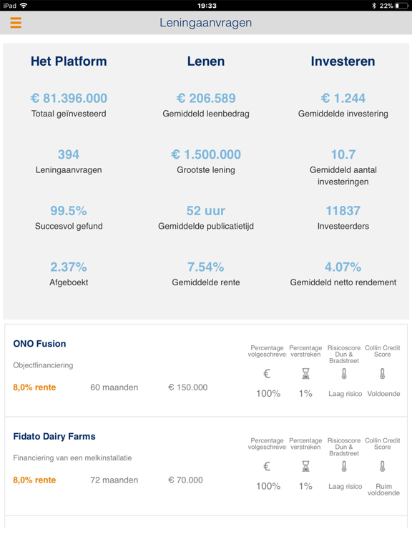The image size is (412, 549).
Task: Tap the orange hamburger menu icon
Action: [x=16, y=23]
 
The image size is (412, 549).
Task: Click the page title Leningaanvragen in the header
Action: [x=206, y=23]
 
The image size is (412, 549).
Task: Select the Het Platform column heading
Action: [x=69, y=61]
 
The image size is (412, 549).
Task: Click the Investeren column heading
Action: [x=343, y=61]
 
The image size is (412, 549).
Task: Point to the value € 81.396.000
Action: [x=69, y=98]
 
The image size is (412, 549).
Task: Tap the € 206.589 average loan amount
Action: [x=206, y=98]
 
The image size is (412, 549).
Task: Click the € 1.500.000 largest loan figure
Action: [x=206, y=154]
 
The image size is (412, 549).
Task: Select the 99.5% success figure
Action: [x=69, y=211]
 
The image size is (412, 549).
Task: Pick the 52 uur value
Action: [x=206, y=211]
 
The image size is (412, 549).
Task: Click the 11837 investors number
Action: [x=343, y=211]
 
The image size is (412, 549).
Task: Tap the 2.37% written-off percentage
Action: [x=69, y=267]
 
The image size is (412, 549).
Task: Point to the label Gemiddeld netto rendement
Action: [x=343, y=282]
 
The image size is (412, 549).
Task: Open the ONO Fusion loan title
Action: [x=39, y=344]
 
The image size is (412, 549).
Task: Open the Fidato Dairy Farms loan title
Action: [x=54, y=436]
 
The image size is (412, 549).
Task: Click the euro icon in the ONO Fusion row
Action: [x=267, y=374]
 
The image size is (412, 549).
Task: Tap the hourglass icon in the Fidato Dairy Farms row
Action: [x=305, y=466]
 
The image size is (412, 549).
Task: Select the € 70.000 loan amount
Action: [x=187, y=480]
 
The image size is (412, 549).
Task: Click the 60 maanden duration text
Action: [x=114, y=387]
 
